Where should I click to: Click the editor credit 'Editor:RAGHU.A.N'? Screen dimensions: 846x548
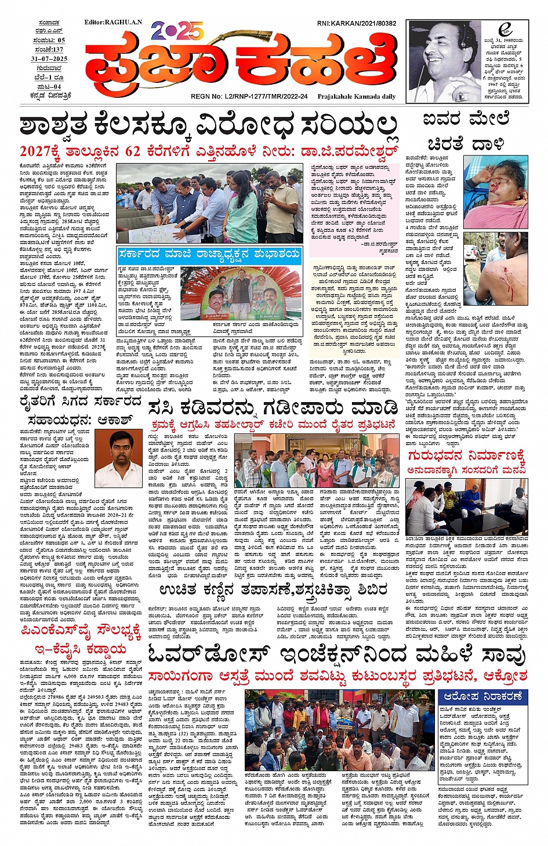pyautogui.click(x=112, y=23)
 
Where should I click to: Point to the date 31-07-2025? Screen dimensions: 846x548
pyautogui.click(x=49, y=59)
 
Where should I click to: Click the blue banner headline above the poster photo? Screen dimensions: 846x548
pyautogui.click(x=209, y=254)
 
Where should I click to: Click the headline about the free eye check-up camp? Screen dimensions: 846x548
pyautogui.click(x=273, y=590)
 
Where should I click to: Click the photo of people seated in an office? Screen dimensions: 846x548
pyautogui.click(x=466, y=507)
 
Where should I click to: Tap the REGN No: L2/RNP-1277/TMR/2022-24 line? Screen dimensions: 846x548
pyautogui.click(x=249, y=97)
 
